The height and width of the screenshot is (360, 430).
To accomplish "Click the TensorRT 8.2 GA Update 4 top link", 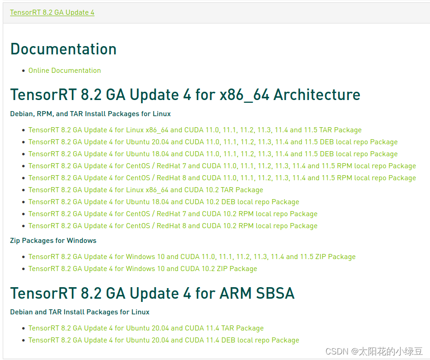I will click(x=52, y=12).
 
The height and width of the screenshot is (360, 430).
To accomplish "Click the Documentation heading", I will click(x=63, y=49).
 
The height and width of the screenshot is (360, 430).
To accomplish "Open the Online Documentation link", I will click(x=65, y=71).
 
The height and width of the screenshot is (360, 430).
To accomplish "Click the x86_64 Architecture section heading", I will click(x=185, y=94).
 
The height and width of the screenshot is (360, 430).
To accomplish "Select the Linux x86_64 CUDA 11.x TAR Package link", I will click(x=194, y=130).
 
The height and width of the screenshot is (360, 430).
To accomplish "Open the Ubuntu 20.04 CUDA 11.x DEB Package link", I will click(x=212, y=142).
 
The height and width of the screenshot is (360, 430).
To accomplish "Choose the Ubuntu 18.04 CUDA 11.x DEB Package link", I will click(x=212, y=154).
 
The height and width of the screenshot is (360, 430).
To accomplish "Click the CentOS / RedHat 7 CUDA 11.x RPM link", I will click(x=222, y=166).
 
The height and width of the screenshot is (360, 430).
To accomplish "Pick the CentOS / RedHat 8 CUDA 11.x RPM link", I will click(x=222, y=178).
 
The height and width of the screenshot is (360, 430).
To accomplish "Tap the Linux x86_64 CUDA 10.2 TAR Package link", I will click(x=146, y=190).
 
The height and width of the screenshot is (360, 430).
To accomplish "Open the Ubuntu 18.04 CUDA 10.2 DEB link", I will click(x=164, y=202).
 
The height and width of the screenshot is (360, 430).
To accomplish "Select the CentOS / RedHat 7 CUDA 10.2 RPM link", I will click(x=173, y=214).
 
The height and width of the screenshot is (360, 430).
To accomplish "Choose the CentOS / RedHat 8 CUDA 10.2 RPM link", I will click(x=173, y=226).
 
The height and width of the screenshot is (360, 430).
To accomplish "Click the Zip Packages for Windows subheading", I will click(x=53, y=241).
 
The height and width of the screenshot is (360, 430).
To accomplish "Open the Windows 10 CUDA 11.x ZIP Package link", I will click(x=192, y=257).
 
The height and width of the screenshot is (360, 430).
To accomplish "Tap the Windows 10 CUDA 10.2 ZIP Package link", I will click(x=142, y=269).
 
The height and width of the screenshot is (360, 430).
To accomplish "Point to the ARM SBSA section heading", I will click(x=152, y=293).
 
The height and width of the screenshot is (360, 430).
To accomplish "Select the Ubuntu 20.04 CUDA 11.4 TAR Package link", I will click(x=146, y=328).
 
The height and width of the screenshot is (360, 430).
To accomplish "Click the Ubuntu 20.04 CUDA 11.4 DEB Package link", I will click(x=164, y=340).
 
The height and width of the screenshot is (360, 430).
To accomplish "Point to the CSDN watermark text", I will click(x=374, y=351).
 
